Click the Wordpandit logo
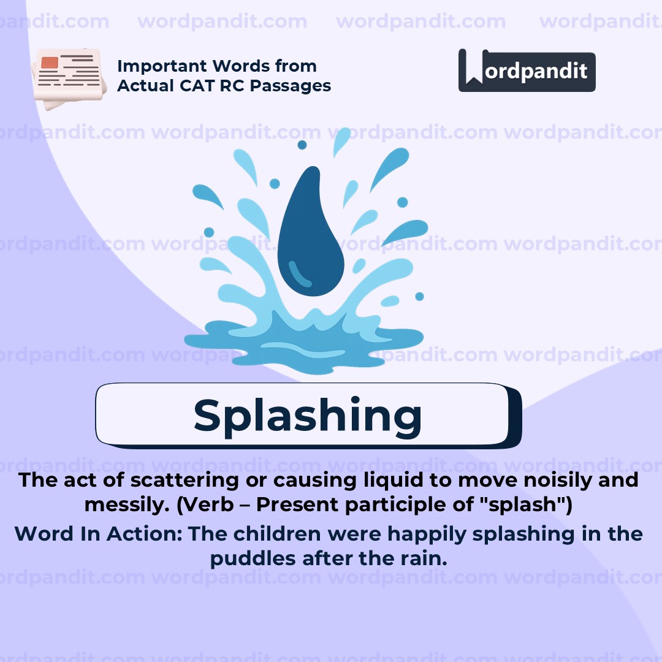[x=527, y=70]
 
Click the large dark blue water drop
[x=311, y=233]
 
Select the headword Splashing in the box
[x=308, y=416]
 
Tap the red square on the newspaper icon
[x=50, y=63]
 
